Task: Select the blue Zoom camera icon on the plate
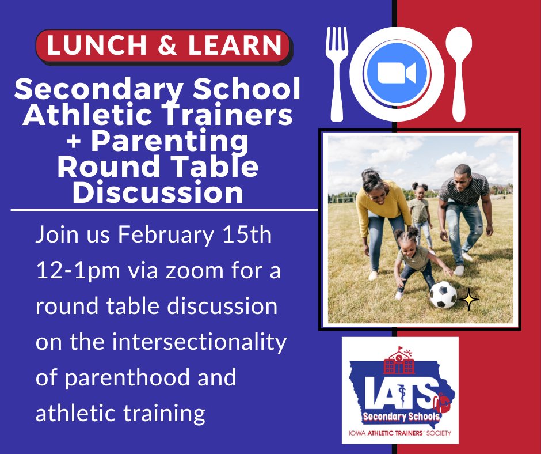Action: tap(397, 73)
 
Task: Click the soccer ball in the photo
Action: tap(443, 295)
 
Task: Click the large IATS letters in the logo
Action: tap(399, 391)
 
